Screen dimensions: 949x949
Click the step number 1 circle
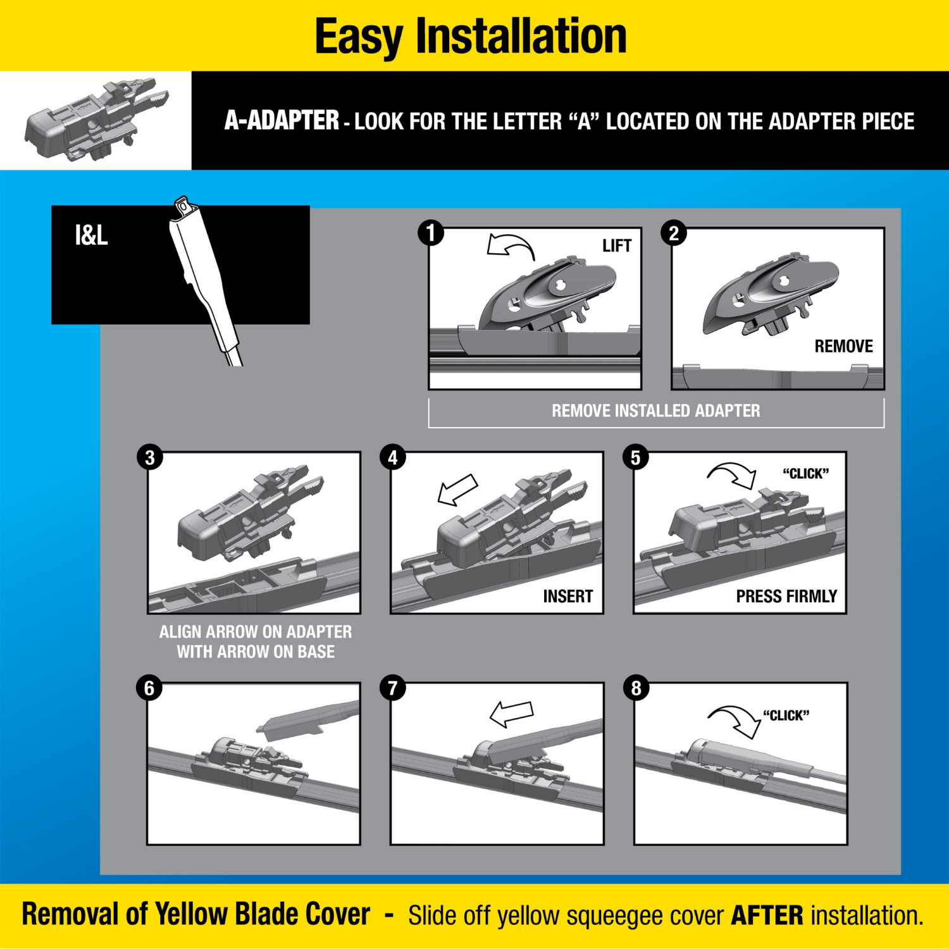tap(431, 233)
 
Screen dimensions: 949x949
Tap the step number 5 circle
tap(635, 457)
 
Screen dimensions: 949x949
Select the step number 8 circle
tap(636, 688)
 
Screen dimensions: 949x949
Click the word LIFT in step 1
tap(616, 245)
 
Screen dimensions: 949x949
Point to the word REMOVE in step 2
tap(843, 346)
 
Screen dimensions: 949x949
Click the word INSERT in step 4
tap(568, 596)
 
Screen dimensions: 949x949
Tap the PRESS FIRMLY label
tap(786, 596)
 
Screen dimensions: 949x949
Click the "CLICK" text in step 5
tap(805, 474)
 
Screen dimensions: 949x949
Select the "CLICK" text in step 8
tap(786, 716)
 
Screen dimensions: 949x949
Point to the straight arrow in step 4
tap(457, 490)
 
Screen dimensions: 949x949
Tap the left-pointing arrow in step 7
tap(511, 714)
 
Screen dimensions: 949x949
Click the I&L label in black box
tap(91, 235)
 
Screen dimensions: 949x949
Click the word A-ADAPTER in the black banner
tap(282, 120)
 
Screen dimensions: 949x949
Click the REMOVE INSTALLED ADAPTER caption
tap(655, 411)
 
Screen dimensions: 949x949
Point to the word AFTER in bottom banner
tap(767, 915)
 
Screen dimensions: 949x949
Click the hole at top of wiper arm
tap(183, 206)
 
